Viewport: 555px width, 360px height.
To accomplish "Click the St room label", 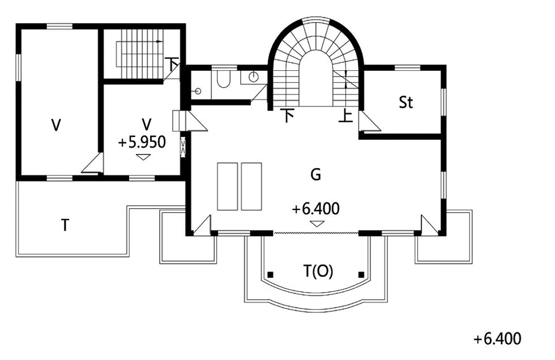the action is (405, 102).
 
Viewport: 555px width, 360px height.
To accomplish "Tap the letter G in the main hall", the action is (315, 174).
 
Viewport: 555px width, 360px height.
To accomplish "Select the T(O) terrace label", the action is (318, 271).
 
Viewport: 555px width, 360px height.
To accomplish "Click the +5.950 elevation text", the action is (142, 143).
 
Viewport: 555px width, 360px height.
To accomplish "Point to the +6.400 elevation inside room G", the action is (316, 209).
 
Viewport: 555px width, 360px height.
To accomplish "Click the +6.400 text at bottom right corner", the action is (497, 339).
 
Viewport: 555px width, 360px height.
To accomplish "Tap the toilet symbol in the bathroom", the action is (223, 79).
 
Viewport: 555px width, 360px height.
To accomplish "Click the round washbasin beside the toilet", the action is (254, 76).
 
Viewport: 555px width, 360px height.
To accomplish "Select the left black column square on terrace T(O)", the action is (270, 275).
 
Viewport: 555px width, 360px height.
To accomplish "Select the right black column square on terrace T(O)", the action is (361, 275).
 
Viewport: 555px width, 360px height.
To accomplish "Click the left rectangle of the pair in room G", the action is (227, 186).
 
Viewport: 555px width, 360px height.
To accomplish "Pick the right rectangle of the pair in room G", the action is (251, 186).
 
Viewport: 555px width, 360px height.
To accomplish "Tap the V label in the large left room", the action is (56, 125).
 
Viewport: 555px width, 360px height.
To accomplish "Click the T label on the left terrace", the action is (65, 225).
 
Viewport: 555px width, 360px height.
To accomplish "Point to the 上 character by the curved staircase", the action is (346, 115).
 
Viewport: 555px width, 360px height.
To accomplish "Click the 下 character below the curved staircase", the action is (288, 115).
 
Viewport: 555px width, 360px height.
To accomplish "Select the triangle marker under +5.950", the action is (143, 157).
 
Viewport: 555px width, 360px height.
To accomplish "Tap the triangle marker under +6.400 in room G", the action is (317, 224).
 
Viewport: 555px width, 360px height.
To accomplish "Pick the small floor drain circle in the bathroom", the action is (198, 91).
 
